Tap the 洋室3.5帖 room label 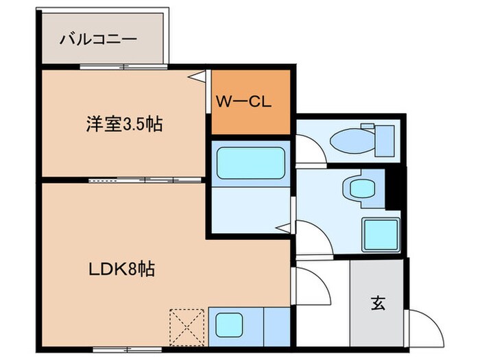pyautogui.click(x=124, y=125)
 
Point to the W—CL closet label pyautogui.click(x=245, y=103)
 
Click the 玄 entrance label pyautogui.click(x=378, y=302)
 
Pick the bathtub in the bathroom pyautogui.click(x=250, y=164)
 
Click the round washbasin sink pyautogui.click(x=357, y=187)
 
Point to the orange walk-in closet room pyautogui.click(x=251, y=103)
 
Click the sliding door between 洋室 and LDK pyautogui.click(x=145, y=180)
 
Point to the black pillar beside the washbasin pyautogui.click(x=394, y=187)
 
